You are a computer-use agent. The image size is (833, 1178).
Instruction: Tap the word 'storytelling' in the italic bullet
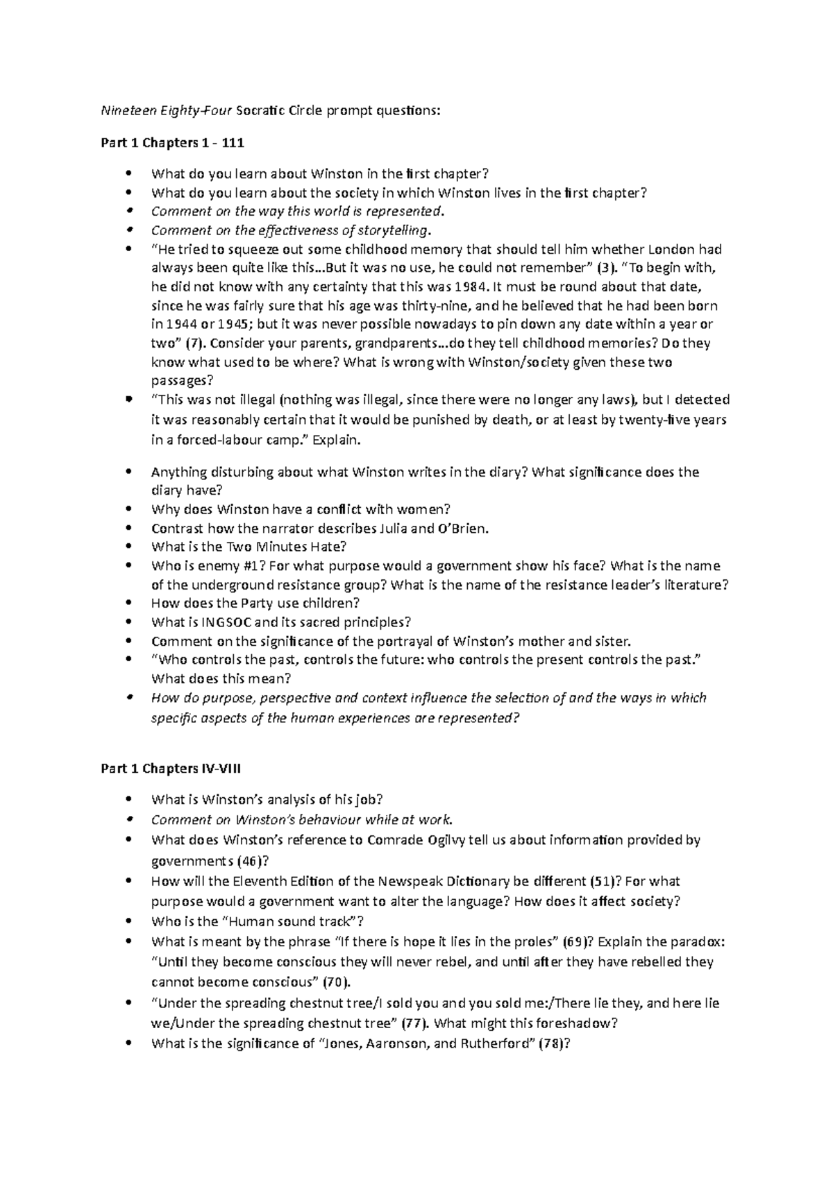click(x=396, y=230)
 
